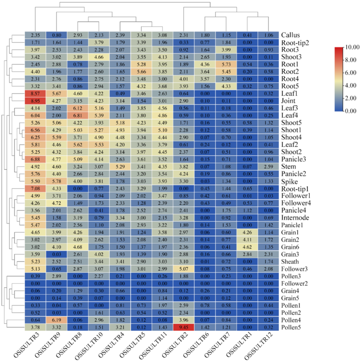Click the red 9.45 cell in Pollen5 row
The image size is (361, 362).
(x=183, y=327)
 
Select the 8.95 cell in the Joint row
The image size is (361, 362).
(x=35, y=101)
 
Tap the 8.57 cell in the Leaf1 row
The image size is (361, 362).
(x=35, y=93)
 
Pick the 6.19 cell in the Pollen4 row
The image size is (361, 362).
(x=56, y=320)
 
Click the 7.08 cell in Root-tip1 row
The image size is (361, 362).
(x=35, y=189)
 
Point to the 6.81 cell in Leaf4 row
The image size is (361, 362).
(x=78, y=115)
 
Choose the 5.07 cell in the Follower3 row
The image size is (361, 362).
(x=183, y=269)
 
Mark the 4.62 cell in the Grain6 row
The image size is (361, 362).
(x=247, y=247)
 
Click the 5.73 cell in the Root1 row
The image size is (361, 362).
(x=226, y=64)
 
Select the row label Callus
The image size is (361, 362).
(x=290, y=35)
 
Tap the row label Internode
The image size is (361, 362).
(x=295, y=218)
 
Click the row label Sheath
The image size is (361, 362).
(x=290, y=262)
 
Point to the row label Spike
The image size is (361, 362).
(x=289, y=181)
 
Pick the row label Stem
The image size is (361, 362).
(x=288, y=167)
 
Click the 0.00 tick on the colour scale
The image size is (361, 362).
(x=351, y=111)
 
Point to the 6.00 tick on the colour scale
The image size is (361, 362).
(x=351, y=73)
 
